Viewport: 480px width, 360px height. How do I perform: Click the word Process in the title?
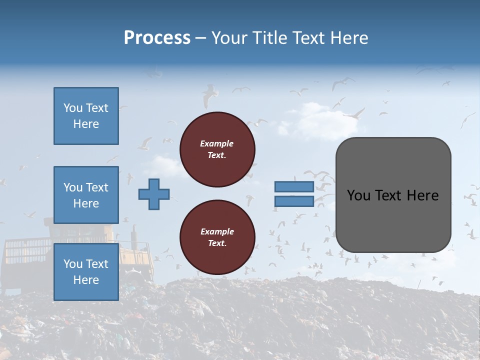pyautogui.click(x=157, y=38)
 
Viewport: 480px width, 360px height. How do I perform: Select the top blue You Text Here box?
pyautogui.click(x=86, y=116)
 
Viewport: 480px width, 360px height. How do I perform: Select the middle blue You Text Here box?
pyautogui.click(x=86, y=195)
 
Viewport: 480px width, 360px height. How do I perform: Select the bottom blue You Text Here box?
pyautogui.click(x=86, y=272)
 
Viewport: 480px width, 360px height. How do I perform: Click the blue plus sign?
pyautogui.click(x=154, y=194)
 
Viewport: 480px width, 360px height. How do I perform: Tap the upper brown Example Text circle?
pyautogui.click(x=217, y=149)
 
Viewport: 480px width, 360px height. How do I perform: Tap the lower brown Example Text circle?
pyautogui.click(x=217, y=237)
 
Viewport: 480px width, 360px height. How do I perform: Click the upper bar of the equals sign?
pyautogui.click(x=294, y=187)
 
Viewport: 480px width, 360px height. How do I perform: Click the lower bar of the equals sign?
pyautogui.click(x=294, y=201)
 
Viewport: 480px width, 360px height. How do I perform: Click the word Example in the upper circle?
pyautogui.click(x=216, y=143)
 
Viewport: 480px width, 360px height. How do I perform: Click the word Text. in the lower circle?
pyautogui.click(x=216, y=243)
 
